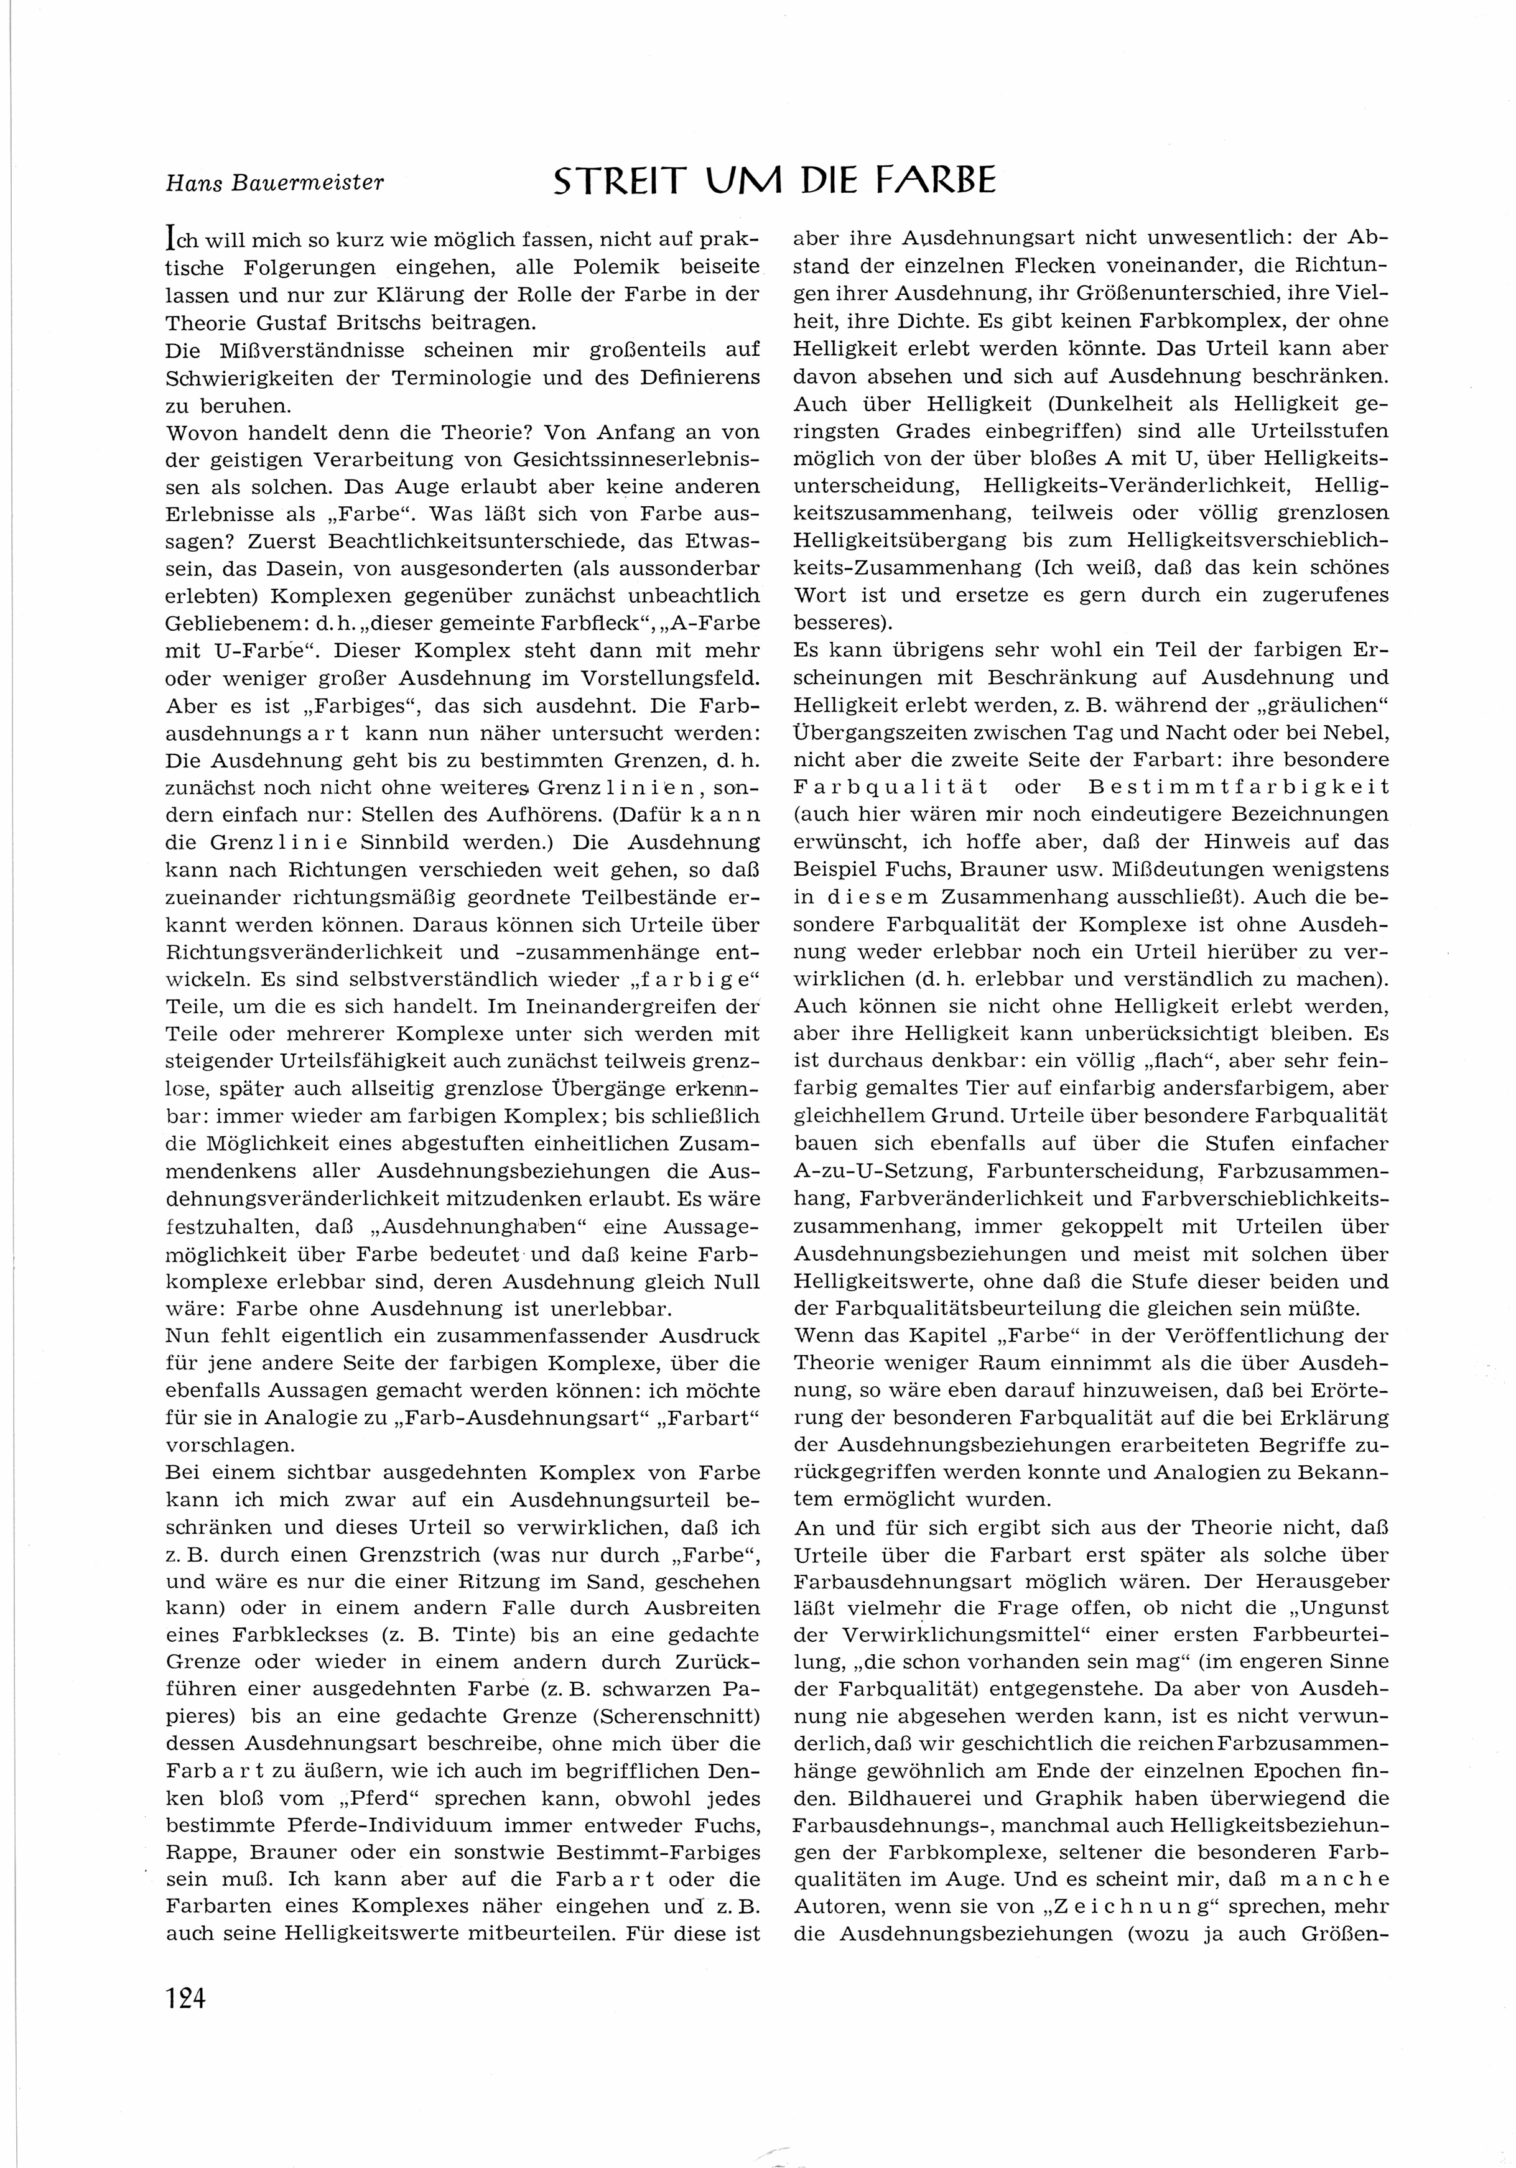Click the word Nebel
click(1358, 733)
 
